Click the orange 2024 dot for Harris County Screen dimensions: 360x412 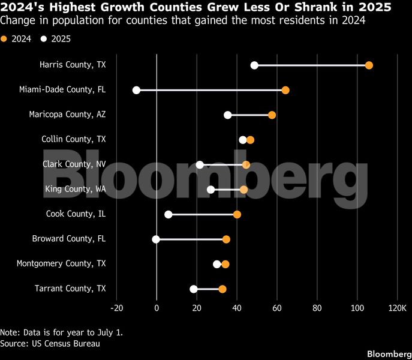369,65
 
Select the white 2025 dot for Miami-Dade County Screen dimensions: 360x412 136,90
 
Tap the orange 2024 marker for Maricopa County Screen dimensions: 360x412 272,115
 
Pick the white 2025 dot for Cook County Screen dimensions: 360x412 168,214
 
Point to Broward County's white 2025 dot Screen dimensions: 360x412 156,239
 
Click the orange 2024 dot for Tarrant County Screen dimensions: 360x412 222,289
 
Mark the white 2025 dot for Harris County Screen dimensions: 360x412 254,65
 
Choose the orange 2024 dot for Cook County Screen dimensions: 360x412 237,214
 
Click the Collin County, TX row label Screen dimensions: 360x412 73,139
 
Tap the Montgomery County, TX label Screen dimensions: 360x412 61,263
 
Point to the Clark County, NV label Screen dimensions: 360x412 74,164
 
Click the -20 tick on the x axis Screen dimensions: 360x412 116,308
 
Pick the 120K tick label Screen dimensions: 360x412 397,308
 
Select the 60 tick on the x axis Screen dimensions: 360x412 277,308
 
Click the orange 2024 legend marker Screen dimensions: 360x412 4,40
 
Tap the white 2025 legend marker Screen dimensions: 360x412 43,40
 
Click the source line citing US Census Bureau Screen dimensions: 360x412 50,344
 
